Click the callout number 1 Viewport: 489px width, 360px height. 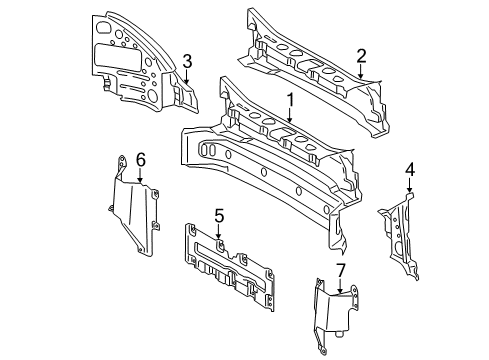[x=290, y=100]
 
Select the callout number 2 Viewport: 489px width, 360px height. [x=361, y=56]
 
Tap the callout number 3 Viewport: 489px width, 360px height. [x=187, y=62]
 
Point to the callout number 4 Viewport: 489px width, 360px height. [x=410, y=169]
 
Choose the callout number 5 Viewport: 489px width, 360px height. [x=219, y=216]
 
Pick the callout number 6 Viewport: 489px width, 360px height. [x=141, y=160]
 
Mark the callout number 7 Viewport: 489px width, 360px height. [x=341, y=270]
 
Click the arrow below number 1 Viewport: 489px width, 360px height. [x=290, y=115]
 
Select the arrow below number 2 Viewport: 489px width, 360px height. [x=361, y=71]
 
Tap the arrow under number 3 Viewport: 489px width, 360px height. [x=187, y=77]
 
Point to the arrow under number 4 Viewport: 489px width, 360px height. [x=410, y=185]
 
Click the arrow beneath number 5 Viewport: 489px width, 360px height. [x=218, y=232]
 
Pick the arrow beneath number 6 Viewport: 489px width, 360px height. [x=140, y=175]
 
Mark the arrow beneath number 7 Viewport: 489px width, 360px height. [x=340, y=286]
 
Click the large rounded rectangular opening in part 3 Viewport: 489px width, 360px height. [x=118, y=57]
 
